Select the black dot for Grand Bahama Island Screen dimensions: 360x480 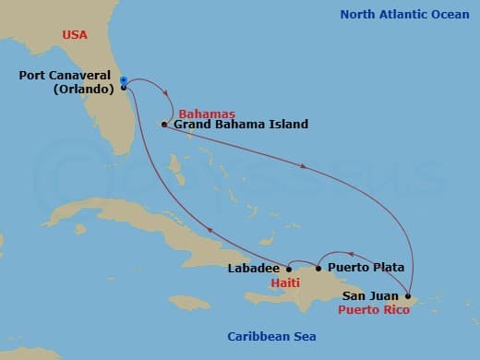point(163,125)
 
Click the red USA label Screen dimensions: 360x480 point(76,34)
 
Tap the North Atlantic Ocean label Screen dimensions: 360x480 point(404,14)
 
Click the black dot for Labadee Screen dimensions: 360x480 point(289,269)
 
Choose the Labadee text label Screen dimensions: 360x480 point(253,269)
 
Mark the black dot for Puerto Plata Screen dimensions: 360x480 point(319,269)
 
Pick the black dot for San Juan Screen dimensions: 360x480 point(408,295)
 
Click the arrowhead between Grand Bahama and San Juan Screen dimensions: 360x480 point(306,166)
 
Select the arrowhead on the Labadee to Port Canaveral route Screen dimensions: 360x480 point(209,231)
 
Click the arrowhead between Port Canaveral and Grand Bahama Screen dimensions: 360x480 point(167,93)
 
